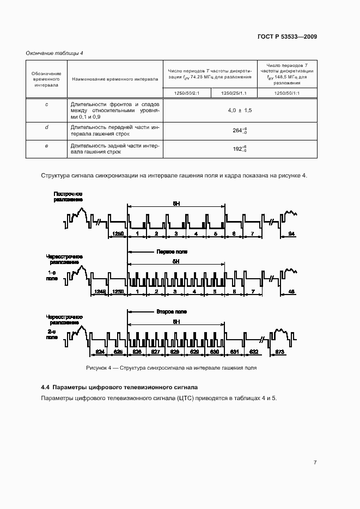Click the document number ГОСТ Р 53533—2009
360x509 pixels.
(288, 37)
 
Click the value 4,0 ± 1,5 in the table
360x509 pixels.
(240, 111)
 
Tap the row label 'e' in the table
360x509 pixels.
(46, 146)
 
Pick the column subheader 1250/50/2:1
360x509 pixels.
(187, 93)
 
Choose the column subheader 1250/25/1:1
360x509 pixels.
(234, 93)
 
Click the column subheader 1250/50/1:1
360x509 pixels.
(287, 93)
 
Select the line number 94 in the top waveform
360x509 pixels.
(291, 234)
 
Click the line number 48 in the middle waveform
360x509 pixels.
(291, 292)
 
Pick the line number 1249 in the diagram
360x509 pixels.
(100, 292)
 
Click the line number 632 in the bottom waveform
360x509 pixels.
(253, 352)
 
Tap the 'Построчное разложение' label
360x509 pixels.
(68, 197)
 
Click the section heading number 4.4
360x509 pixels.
(46, 387)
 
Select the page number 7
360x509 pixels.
(315, 463)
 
